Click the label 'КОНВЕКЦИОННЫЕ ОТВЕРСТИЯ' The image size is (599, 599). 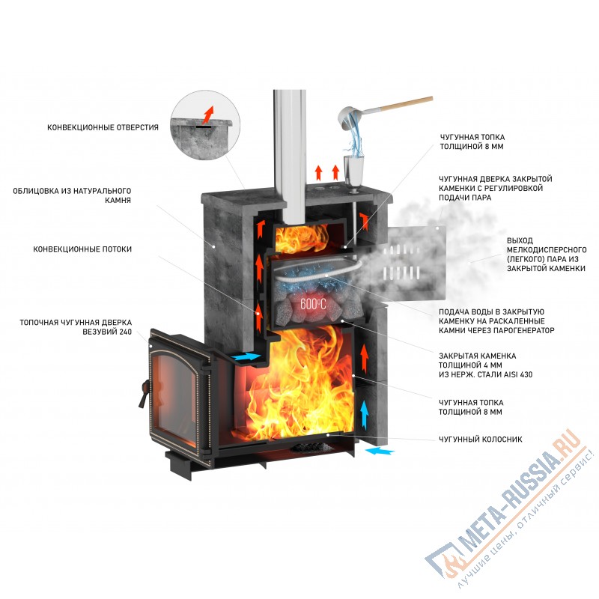pyautogui.click(x=103, y=127)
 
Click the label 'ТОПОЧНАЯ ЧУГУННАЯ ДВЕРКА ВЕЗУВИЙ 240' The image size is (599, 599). pyautogui.click(x=74, y=326)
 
